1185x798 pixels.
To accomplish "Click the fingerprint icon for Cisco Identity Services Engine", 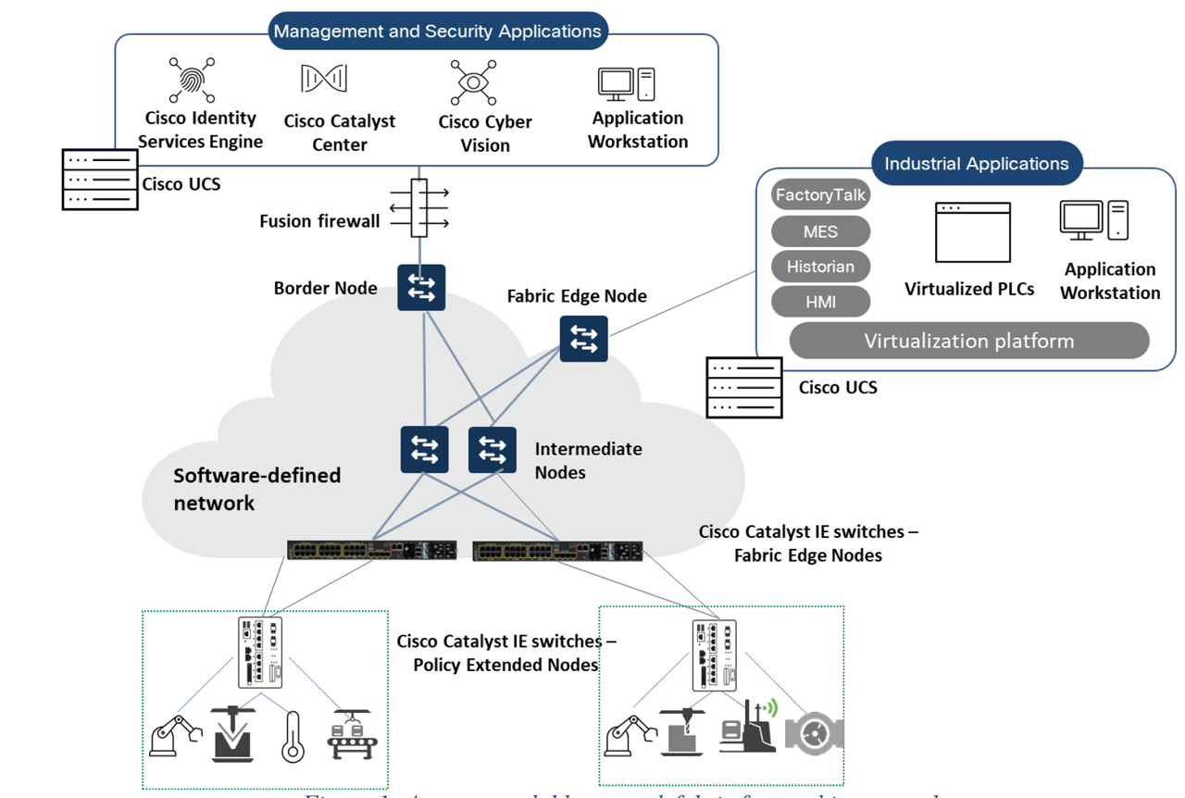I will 192,81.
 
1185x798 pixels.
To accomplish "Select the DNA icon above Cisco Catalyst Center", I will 323,80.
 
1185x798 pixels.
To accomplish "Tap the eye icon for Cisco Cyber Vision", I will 473,82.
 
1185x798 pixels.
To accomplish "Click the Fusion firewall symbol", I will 419,208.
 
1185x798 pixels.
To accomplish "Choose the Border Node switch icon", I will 421,287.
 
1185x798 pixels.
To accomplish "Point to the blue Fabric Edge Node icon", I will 583,338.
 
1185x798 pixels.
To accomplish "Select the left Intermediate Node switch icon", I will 425,450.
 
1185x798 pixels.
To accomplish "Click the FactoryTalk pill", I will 820,195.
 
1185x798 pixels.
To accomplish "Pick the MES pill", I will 820,231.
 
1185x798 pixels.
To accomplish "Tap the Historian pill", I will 820,267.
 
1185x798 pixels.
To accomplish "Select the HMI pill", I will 820,302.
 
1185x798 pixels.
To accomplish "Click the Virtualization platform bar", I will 968,341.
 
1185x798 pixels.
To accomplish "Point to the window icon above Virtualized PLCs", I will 972,232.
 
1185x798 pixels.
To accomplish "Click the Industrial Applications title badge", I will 977,164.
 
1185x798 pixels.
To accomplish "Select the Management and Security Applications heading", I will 437,31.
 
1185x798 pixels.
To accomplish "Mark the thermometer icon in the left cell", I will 293,736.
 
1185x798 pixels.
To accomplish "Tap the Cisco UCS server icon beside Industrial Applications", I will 743,387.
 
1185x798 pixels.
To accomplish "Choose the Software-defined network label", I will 257,489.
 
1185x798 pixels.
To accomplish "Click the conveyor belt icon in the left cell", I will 351,736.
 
